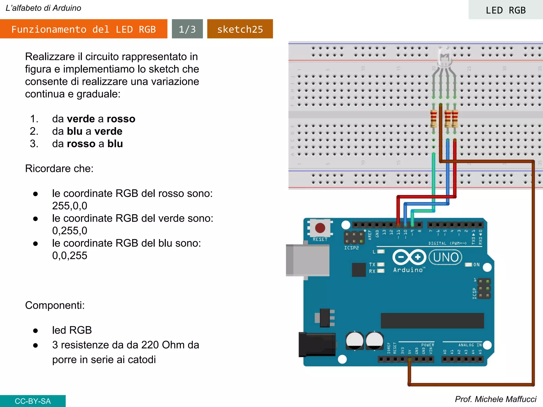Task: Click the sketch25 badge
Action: [x=240, y=29]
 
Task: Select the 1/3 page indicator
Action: [x=187, y=29]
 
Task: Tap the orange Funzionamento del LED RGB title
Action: [x=84, y=29]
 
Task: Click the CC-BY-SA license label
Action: [x=33, y=401]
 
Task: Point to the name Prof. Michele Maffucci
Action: [x=495, y=399]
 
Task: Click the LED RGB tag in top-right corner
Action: [x=505, y=10]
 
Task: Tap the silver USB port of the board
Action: [x=308, y=260]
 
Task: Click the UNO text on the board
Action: [x=446, y=257]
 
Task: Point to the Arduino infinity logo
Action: [x=409, y=257]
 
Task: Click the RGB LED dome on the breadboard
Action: [x=444, y=57]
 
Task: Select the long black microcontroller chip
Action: [x=432, y=321]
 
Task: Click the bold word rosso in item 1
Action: [x=121, y=119]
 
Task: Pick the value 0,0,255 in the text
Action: [x=69, y=255]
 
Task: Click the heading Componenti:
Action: [x=55, y=305]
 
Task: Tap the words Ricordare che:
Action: [x=59, y=169]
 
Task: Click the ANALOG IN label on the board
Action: [x=470, y=345]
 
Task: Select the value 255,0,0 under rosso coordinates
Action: [x=69, y=206]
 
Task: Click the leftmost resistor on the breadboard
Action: [x=433, y=119]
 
